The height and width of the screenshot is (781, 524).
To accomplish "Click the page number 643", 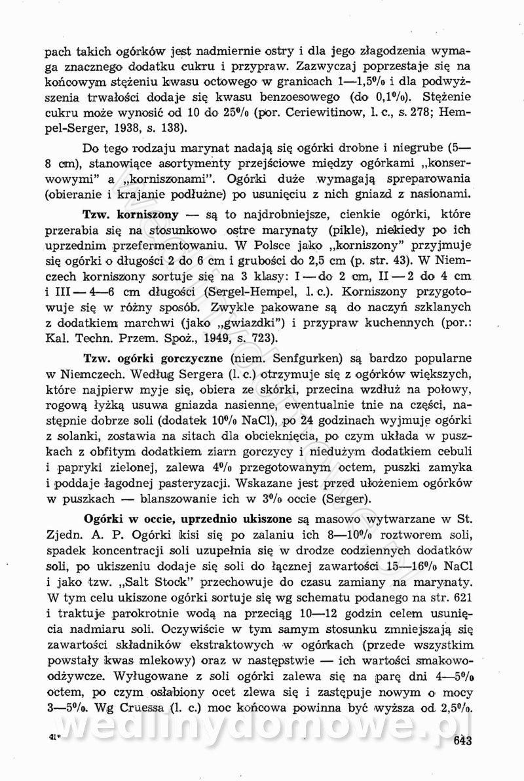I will [x=462, y=742].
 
